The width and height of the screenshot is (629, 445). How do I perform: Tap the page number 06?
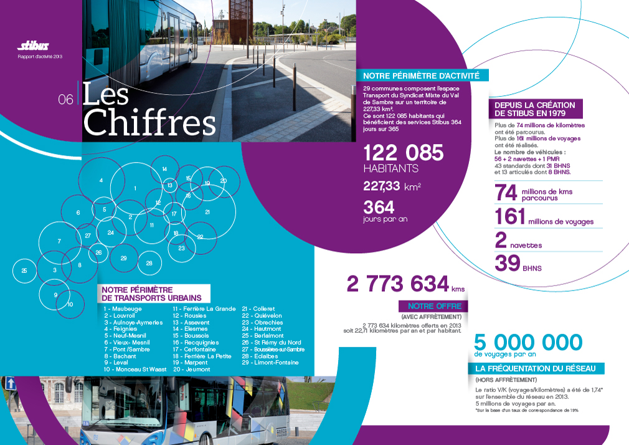click(x=65, y=99)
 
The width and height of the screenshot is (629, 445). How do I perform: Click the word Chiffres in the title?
click(x=149, y=123)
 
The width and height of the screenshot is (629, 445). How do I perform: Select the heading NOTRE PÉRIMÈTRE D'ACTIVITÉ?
click(x=421, y=76)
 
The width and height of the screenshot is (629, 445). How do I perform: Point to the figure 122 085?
click(x=403, y=153)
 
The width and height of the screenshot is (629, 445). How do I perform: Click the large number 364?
click(x=379, y=207)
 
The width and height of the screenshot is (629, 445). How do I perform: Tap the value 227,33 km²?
click(x=392, y=186)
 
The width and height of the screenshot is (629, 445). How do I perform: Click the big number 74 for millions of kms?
click(x=506, y=193)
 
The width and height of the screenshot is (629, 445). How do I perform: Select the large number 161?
click(x=509, y=217)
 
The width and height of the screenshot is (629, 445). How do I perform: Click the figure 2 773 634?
click(x=397, y=284)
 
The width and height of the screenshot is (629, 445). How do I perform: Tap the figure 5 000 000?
click(x=528, y=342)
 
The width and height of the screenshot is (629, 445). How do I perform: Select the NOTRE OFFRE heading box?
click(x=435, y=306)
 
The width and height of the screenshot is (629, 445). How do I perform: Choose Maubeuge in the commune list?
click(x=123, y=309)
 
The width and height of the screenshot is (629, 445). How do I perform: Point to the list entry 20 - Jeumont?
click(x=191, y=369)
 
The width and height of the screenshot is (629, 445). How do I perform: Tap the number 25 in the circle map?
click(x=24, y=270)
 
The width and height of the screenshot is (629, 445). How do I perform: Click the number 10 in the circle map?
click(x=70, y=304)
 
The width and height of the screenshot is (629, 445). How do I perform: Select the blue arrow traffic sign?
click(x=10, y=383)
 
